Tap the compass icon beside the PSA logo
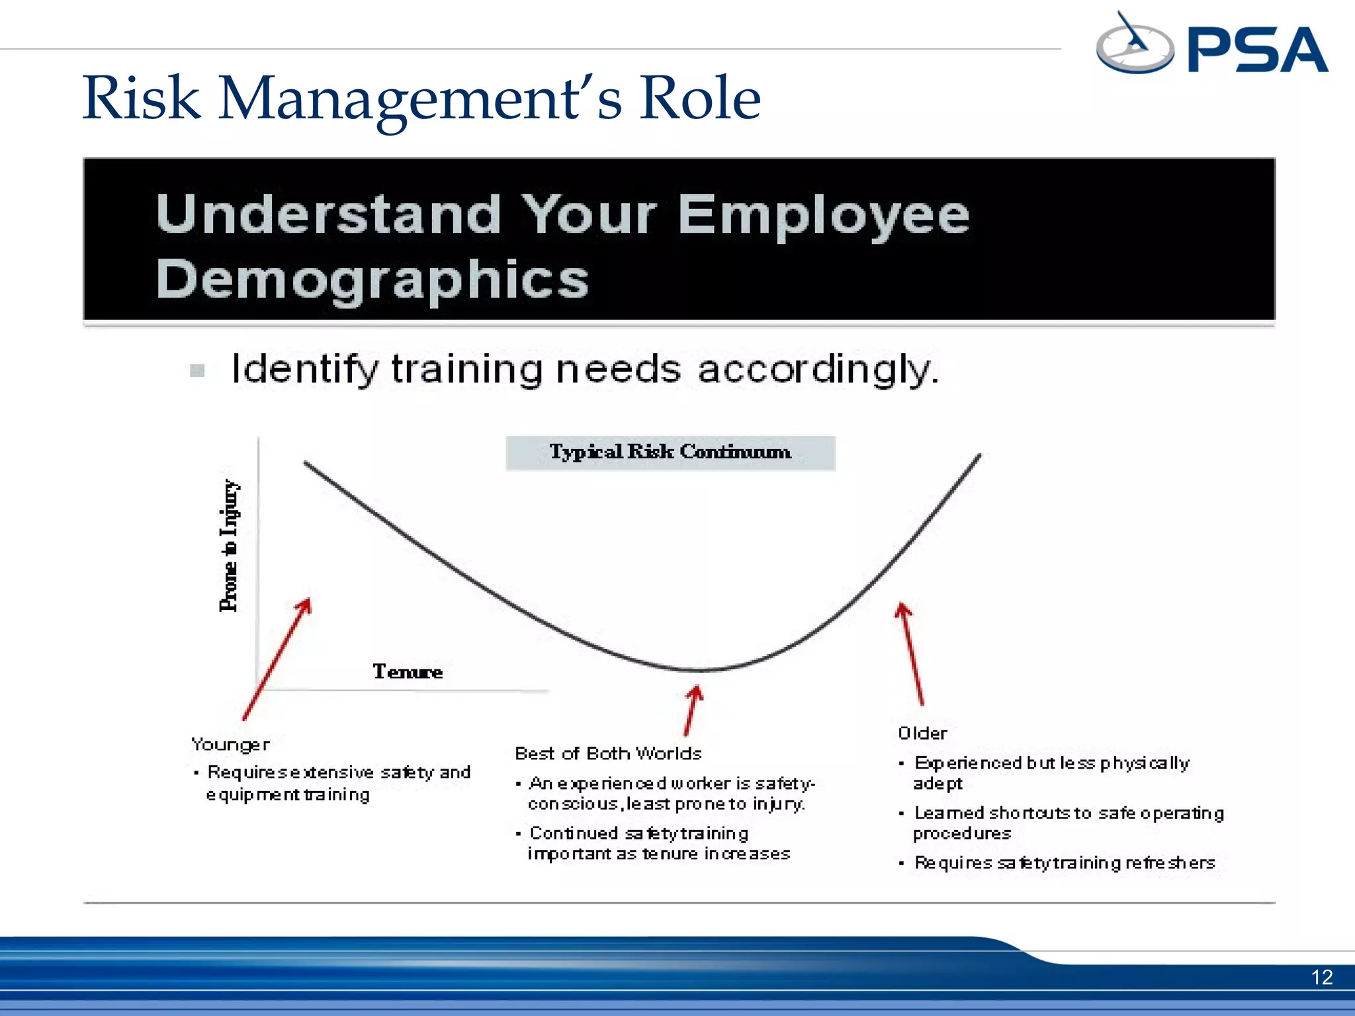(x=1134, y=45)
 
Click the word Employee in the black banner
(x=824, y=215)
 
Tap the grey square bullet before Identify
(x=197, y=370)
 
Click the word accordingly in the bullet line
(x=818, y=369)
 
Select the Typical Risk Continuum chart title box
(x=670, y=453)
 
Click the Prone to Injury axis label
(x=229, y=546)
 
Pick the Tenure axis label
(x=408, y=672)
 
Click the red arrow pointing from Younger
(x=277, y=659)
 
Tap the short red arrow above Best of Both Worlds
(x=692, y=710)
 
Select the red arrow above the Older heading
(x=910, y=653)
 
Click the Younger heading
(x=230, y=745)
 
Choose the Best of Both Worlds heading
(x=608, y=753)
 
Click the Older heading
(x=922, y=734)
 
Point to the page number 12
(x=1321, y=977)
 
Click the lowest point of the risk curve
(x=698, y=670)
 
